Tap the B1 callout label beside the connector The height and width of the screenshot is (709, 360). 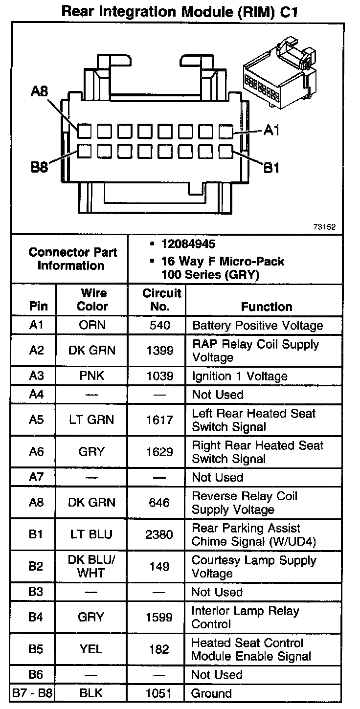point(271,168)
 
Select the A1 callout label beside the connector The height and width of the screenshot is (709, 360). point(272,130)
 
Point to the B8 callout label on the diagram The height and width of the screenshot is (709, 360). point(39,168)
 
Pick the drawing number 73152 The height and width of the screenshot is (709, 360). point(325,227)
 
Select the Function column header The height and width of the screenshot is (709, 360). point(267,307)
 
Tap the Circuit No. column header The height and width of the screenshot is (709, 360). point(162,300)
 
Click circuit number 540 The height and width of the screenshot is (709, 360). point(160,325)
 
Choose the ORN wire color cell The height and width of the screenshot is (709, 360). point(92,325)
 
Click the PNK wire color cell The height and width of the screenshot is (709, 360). point(92,376)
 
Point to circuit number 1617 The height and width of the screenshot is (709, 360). point(159,420)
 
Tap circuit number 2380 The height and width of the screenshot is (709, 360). point(159,534)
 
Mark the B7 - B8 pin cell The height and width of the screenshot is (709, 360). point(35,693)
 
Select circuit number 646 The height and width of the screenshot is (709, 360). point(160,502)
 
